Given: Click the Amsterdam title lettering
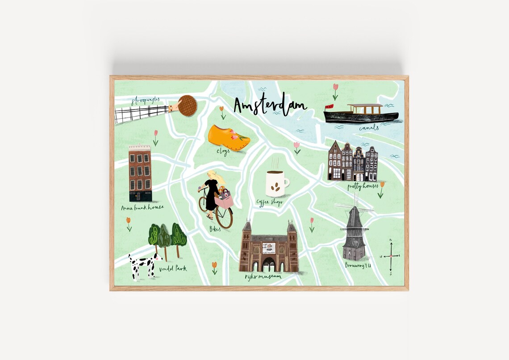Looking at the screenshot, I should coord(270,106).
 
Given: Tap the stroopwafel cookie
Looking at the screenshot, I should coord(188,106).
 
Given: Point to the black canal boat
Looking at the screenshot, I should coord(361,116).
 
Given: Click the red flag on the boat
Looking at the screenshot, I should coord(329,107).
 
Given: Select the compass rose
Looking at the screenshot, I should coord(391,256).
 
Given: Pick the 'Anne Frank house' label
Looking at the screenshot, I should coord(142,207).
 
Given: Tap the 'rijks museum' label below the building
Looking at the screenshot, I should coord(263,276).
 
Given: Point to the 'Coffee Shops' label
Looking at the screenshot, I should coord(269,202).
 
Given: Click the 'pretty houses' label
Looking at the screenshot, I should coord(363,186).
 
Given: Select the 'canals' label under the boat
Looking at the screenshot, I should coord(369,128).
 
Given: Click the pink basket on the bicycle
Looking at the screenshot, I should coord(224,201).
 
